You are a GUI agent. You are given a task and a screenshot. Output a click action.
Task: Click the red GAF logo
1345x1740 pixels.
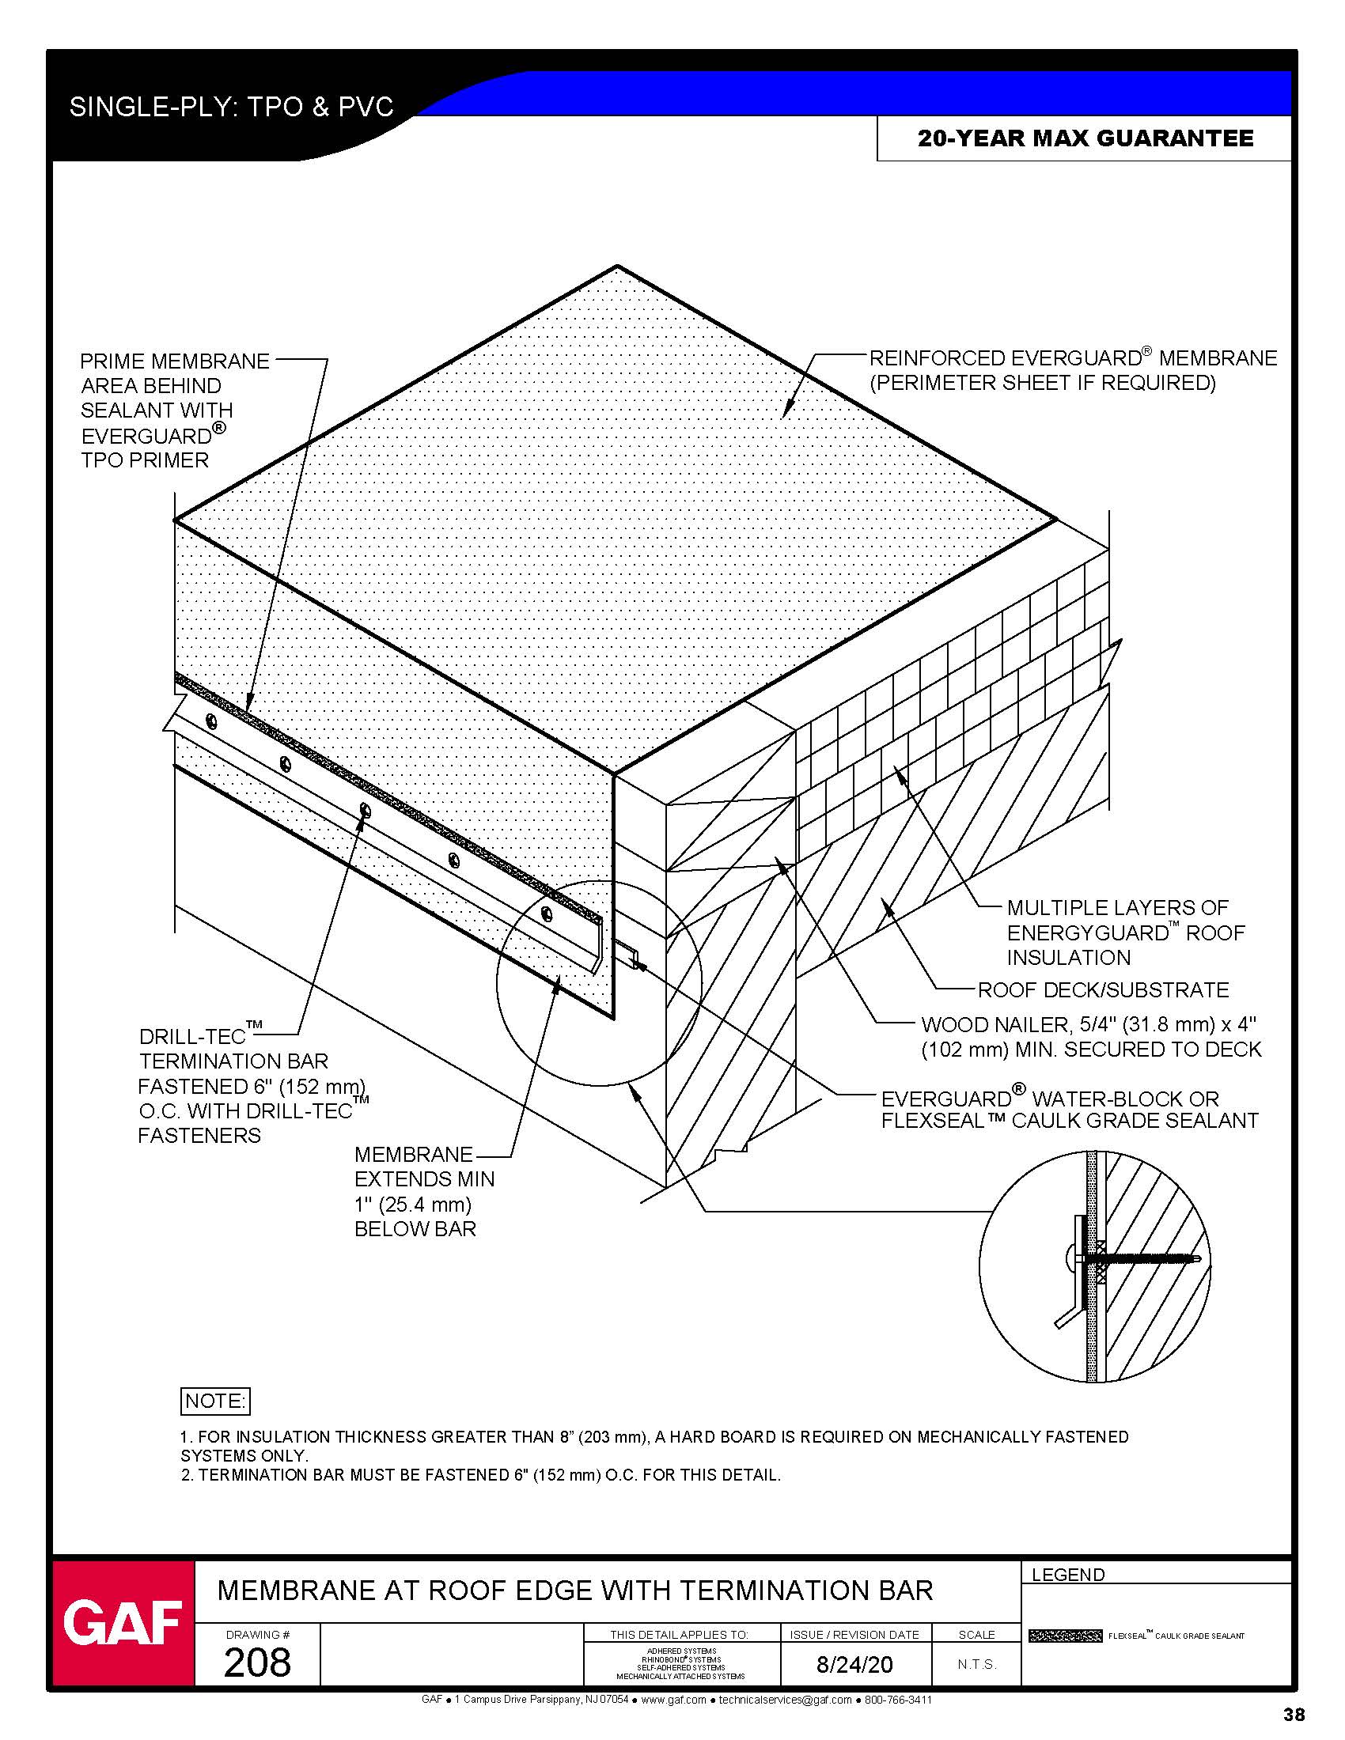[123, 1622]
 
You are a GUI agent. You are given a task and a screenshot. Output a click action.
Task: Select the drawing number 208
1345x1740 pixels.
[256, 1662]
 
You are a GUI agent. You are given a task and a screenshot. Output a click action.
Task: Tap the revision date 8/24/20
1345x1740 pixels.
[854, 1664]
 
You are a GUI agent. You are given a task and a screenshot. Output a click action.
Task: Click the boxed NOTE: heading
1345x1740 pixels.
[215, 1401]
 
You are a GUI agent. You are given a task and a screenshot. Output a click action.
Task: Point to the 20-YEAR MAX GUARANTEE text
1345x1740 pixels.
[1085, 138]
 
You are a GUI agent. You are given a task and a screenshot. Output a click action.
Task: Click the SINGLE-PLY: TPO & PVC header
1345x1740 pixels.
[231, 107]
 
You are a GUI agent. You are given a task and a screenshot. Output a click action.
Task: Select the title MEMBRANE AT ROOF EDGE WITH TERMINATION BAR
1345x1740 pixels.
[574, 1591]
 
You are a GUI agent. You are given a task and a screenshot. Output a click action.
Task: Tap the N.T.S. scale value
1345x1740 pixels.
[977, 1664]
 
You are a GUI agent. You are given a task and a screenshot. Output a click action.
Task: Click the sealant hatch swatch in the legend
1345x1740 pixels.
[1064, 1636]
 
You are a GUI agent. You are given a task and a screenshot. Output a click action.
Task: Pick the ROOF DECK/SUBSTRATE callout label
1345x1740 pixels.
[1103, 990]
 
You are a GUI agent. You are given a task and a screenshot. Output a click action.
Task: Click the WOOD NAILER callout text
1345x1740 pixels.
[1090, 1038]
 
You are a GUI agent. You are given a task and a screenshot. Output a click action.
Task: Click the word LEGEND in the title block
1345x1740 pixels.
[1068, 1575]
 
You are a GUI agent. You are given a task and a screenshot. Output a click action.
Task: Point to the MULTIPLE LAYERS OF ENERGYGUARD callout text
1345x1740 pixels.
[1124, 932]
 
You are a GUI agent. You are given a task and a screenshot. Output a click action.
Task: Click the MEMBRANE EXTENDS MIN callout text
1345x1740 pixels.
[424, 1191]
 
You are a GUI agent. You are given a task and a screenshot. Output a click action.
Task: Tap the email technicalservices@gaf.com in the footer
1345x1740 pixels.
[785, 1700]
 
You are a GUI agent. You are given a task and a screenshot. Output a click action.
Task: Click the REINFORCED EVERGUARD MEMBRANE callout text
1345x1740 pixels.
[1073, 370]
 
